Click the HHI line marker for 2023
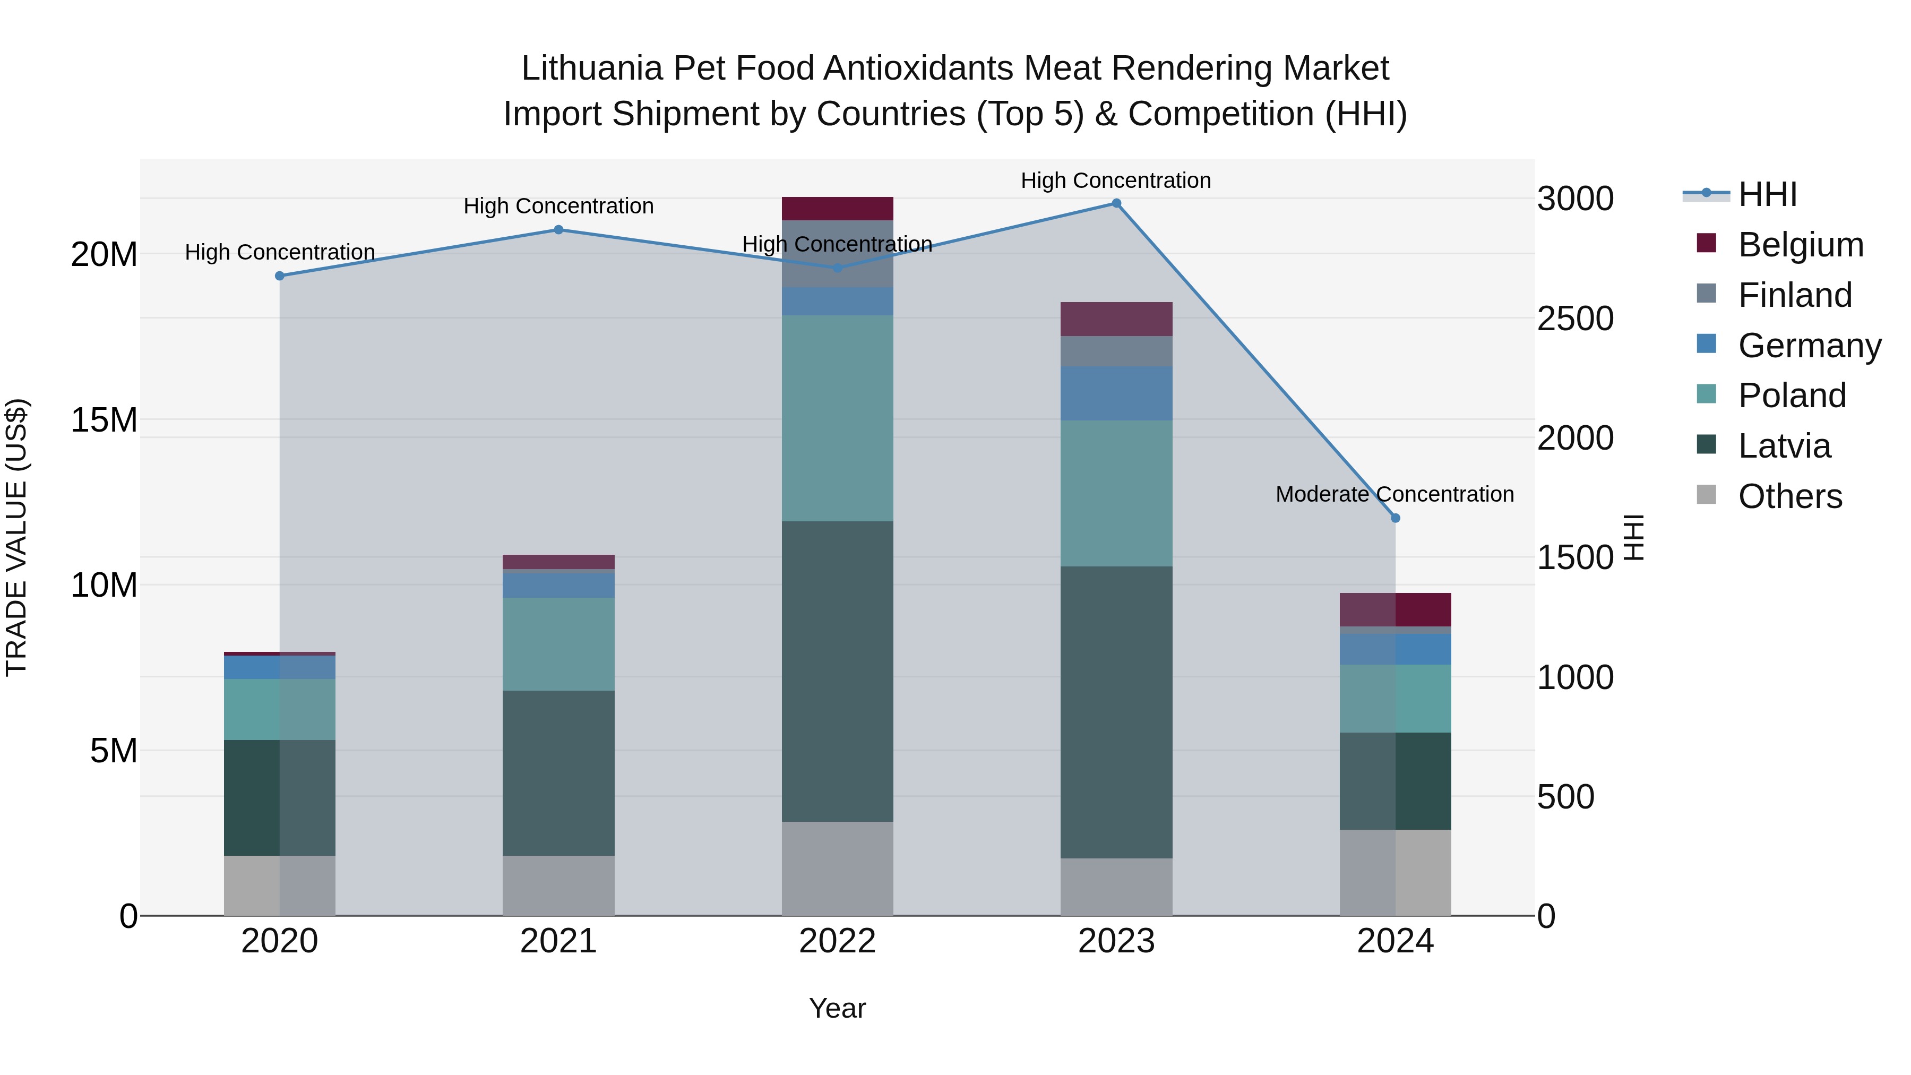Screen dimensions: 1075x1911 (1116, 203)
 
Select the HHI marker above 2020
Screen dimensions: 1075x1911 (280, 276)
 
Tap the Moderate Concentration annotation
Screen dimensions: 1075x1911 (1394, 494)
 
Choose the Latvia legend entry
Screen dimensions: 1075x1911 (1784, 446)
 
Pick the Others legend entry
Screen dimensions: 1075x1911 (1789, 496)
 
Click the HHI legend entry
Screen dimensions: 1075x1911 (1767, 194)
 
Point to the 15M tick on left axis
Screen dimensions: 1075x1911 (104, 420)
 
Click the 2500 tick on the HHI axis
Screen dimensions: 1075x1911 (1575, 319)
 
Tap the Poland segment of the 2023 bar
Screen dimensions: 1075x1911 (1116, 493)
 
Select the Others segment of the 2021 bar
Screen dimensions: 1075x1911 (558, 885)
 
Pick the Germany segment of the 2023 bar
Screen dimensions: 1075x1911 (1116, 393)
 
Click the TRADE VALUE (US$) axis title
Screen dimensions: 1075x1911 (16, 537)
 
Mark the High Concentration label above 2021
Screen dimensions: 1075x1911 (558, 207)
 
